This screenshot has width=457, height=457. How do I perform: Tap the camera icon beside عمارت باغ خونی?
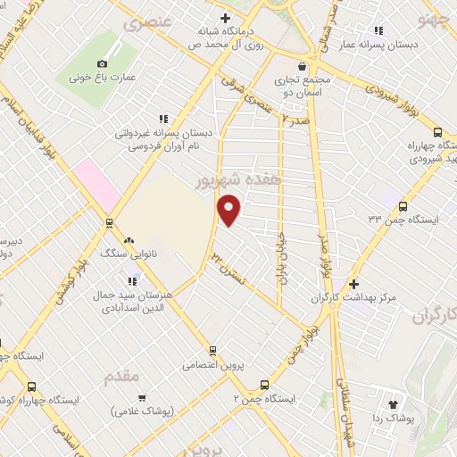tap(102, 63)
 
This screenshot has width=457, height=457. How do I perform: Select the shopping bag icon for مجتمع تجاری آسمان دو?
tap(303, 65)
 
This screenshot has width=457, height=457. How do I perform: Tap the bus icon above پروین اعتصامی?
tap(212, 350)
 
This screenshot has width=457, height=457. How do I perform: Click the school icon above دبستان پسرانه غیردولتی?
tap(162, 118)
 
